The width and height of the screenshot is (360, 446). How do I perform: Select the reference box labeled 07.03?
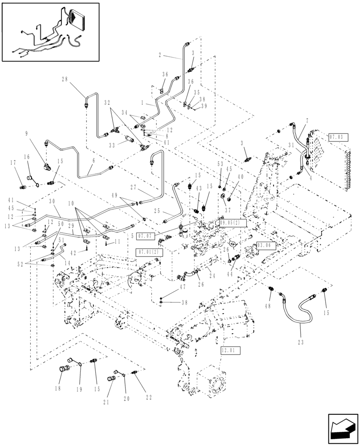337,137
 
